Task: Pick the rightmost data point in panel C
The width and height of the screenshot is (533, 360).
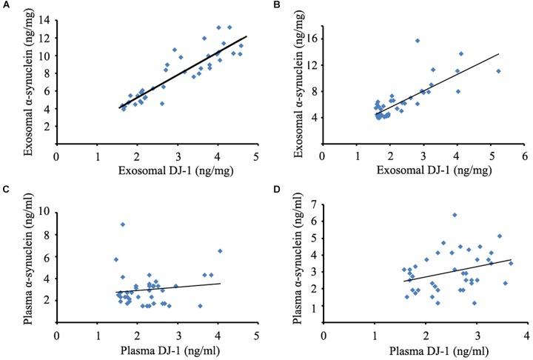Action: click(x=220, y=251)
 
